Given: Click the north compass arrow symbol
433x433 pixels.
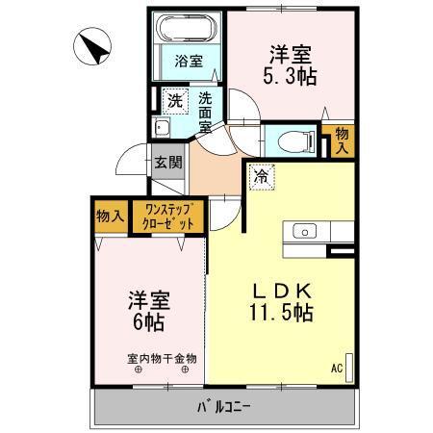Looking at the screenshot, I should tap(94, 45).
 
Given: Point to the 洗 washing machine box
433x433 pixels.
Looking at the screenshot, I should tap(173, 100).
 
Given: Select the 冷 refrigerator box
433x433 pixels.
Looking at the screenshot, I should tap(260, 177).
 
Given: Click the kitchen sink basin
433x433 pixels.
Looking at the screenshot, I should tap(303, 231).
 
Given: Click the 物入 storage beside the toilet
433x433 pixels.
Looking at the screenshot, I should tap(339, 140).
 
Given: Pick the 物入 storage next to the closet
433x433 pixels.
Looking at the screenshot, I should tap(110, 216).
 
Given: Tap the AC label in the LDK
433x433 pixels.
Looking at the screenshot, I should tap(337, 369).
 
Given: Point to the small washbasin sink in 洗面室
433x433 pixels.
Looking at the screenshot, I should tap(163, 128).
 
